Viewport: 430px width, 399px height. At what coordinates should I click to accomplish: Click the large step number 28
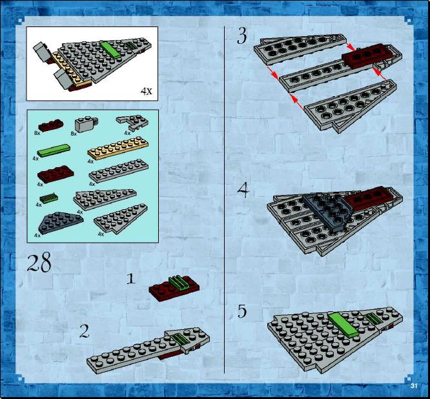39,262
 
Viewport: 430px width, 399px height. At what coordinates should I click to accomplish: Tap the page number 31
414,385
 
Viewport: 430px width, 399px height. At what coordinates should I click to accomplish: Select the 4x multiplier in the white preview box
146,91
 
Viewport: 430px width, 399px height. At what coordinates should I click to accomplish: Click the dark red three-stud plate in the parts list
51,125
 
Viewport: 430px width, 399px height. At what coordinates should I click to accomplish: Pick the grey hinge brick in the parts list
86,124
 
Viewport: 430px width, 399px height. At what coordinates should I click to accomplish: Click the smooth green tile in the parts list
54,150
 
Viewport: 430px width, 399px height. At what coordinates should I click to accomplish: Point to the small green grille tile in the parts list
49,198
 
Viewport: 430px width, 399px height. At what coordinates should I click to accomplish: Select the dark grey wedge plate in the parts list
61,222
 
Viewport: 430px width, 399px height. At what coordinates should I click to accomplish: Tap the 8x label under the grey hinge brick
74,134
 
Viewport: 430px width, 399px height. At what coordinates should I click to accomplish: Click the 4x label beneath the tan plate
91,161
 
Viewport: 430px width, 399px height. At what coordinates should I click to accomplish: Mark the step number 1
131,279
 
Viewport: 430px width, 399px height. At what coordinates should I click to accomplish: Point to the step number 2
84,331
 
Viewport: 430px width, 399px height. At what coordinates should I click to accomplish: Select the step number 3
241,36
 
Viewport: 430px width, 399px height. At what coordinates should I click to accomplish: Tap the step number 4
243,190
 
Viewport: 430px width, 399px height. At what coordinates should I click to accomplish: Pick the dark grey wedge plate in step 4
328,212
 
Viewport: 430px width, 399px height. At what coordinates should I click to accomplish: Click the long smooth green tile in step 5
343,325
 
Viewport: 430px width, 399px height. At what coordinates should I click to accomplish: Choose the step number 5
242,312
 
